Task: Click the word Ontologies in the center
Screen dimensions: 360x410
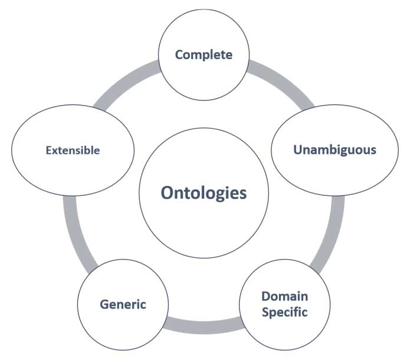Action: pos(204,194)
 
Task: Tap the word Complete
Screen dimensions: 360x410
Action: pos(204,55)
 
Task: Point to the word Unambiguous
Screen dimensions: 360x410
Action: pos(334,149)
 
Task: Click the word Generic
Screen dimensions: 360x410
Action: pos(123,305)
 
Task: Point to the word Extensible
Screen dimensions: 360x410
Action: pos(73,150)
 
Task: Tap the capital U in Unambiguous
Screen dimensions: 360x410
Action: pos(298,149)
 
